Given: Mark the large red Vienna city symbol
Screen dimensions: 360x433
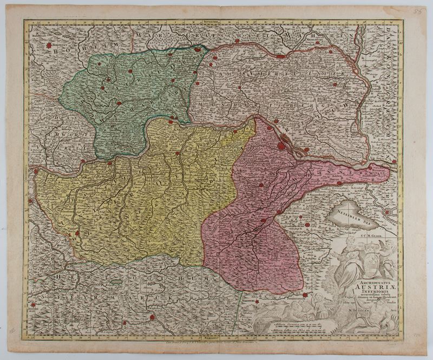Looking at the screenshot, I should point(282,145).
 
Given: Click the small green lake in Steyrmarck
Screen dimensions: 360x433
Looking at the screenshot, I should point(115,282).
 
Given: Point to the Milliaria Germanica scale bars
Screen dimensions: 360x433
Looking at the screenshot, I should point(292,327).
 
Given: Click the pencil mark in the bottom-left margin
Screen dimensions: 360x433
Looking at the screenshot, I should point(12,329).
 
